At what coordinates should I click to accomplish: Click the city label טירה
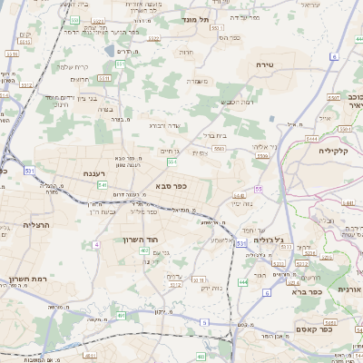[x=265, y=64]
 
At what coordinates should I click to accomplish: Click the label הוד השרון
[x=141, y=240]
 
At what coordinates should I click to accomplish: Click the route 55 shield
[x=259, y=189]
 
